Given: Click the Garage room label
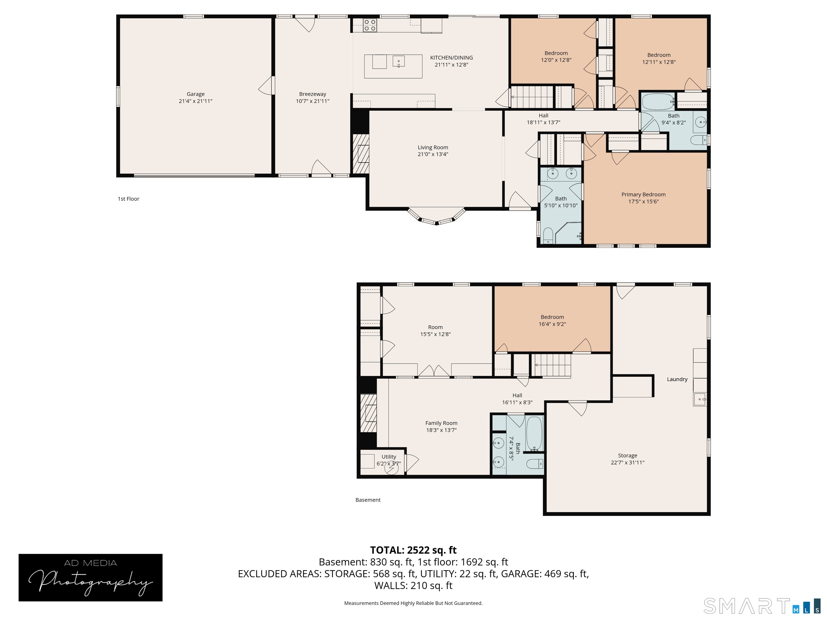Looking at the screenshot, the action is [x=195, y=94].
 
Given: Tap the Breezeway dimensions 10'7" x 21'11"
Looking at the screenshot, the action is [x=313, y=101].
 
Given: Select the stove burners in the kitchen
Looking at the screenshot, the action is [x=370, y=25].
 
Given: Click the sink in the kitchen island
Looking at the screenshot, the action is [x=398, y=61].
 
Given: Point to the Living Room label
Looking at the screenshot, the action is [x=433, y=147].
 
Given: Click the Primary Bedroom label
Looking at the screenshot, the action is [x=643, y=194].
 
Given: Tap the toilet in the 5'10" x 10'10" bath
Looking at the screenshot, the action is [x=548, y=235].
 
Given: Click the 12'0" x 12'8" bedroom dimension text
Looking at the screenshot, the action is [x=556, y=60].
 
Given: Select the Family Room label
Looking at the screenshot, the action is [x=441, y=423].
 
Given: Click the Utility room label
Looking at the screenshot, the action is [x=389, y=457].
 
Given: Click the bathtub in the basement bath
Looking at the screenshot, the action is [x=534, y=434].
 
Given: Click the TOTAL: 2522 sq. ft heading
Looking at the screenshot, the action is [x=413, y=550].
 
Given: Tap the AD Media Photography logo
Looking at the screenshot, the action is [x=90, y=577].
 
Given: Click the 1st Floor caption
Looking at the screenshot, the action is [x=129, y=199].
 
